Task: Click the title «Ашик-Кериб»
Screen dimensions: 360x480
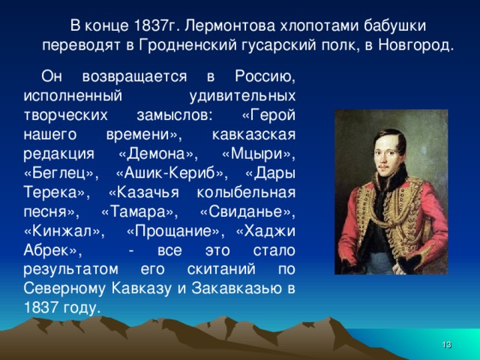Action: point(164,172)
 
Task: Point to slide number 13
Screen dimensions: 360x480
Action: point(446,343)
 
